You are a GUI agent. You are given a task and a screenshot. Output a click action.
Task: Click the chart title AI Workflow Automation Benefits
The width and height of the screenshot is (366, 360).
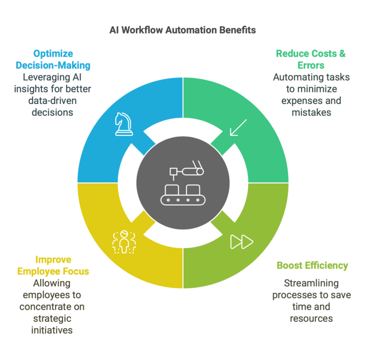tap(183, 30)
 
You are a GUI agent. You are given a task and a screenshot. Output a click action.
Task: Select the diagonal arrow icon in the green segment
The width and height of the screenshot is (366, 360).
tap(238, 127)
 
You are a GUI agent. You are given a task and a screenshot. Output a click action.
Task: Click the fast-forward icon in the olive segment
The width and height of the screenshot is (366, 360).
tap(242, 242)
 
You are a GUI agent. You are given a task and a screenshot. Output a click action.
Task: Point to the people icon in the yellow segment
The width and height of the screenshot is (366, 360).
tap(124, 242)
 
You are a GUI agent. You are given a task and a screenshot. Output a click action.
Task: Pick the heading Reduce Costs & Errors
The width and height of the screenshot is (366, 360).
tap(311, 59)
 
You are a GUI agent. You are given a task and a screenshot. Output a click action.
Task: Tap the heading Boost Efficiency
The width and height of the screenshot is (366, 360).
tap(312, 265)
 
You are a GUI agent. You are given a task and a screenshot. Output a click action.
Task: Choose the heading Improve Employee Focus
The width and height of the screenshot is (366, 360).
tap(53, 265)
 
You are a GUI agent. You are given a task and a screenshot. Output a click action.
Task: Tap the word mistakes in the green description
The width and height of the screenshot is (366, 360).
tap(312, 112)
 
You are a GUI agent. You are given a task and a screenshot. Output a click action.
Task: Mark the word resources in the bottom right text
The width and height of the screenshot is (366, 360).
tap(312, 318)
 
